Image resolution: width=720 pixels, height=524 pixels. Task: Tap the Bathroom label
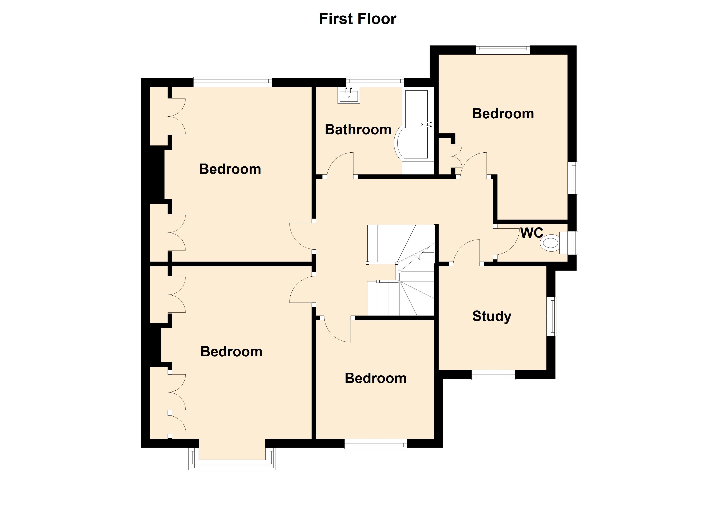[358, 130]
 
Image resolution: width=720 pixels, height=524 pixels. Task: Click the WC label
[531, 233]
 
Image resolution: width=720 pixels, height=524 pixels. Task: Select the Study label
[491, 316]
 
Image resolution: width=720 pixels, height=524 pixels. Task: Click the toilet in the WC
[550, 243]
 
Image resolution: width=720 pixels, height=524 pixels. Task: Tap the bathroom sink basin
[349, 96]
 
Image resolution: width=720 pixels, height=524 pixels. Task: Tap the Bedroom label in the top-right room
[503, 114]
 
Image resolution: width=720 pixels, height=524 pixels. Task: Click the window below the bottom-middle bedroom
[375, 444]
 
